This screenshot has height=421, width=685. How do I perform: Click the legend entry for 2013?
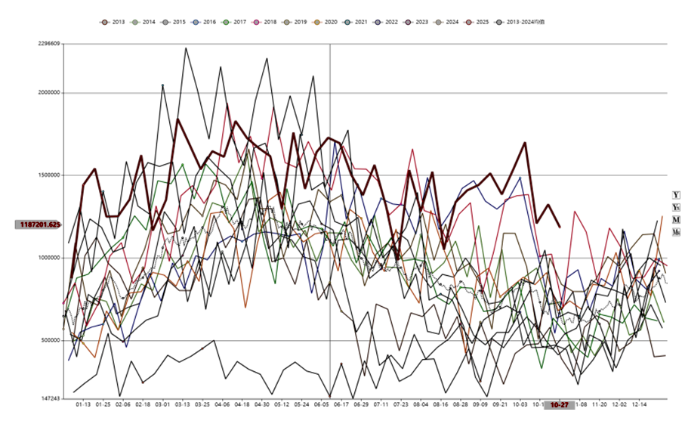pos(115,23)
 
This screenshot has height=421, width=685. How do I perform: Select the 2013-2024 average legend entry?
pos(523,23)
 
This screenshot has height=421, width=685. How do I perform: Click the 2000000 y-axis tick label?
pos(48,93)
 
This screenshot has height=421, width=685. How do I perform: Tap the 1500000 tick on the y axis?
pos(48,175)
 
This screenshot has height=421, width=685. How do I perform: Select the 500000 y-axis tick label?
pos(49,340)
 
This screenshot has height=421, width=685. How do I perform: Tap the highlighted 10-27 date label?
pos(560,405)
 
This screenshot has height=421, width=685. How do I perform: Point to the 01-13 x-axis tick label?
pos(83,404)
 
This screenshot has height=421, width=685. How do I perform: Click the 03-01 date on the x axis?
pos(162,404)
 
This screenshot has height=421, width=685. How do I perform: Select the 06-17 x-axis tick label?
pos(341,404)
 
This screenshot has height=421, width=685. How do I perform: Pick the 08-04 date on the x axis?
pos(421,404)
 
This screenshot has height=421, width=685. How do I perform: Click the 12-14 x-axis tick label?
pos(639,404)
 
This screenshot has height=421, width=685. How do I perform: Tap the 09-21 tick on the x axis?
pos(500,404)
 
